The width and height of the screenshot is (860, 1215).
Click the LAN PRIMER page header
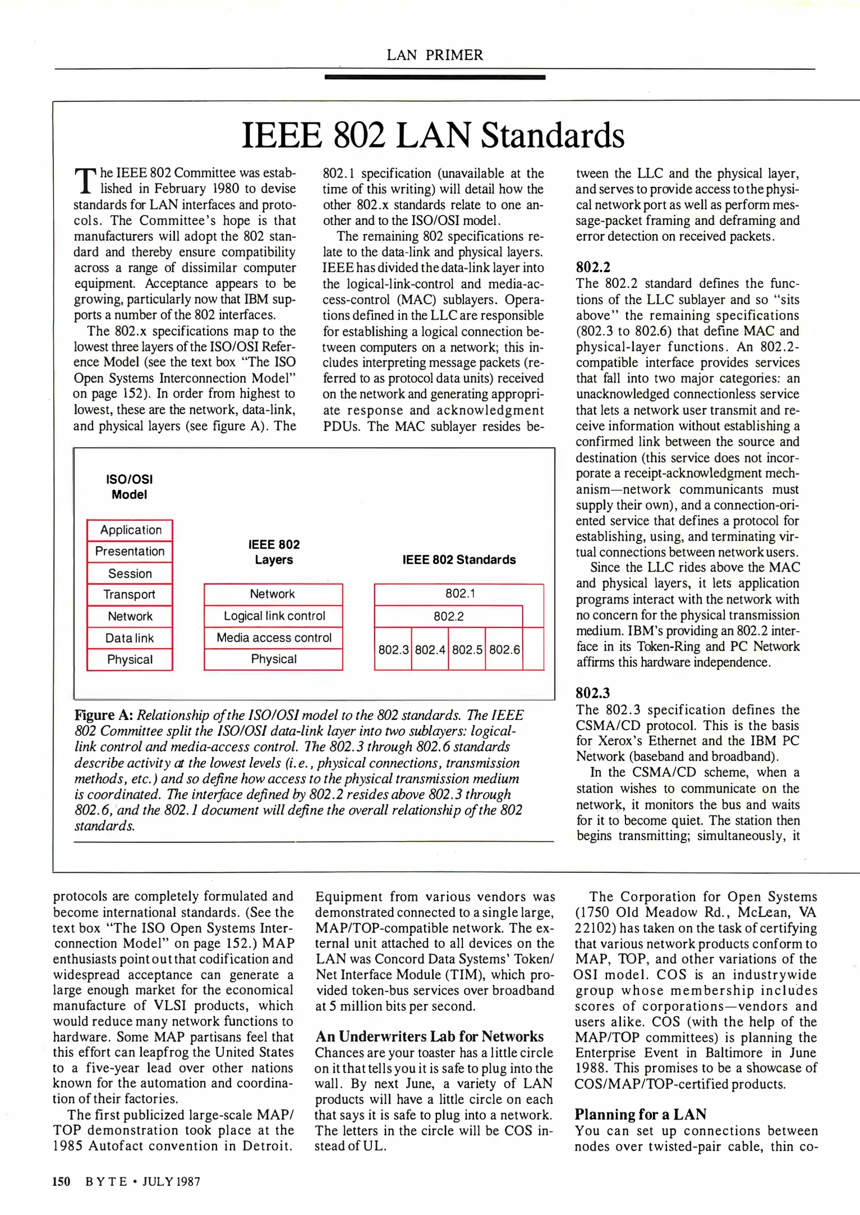point(434,55)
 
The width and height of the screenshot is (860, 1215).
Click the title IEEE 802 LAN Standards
point(433,136)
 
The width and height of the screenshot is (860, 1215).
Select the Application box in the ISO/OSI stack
point(130,530)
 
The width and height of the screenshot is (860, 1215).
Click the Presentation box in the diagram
point(130,551)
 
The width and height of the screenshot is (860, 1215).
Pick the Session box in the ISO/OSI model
point(130,573)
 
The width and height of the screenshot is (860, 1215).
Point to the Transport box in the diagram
point(130,595)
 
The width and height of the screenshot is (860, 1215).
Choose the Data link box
point(130,638)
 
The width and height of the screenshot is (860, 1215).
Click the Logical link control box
point(274,616)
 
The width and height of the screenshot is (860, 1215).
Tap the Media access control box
point(274,637)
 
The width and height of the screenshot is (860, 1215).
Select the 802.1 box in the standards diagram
point(460,594)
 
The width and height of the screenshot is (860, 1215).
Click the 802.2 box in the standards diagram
point(448,616)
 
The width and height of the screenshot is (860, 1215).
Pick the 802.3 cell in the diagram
point(393,650)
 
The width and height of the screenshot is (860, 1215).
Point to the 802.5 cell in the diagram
point(467,650)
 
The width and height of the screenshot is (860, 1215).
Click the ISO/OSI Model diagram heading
point(129,487)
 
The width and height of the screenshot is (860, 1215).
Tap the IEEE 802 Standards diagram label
point(459,560)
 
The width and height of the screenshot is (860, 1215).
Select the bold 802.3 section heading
point(593,693)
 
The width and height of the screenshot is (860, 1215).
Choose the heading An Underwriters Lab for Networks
point(429,1036)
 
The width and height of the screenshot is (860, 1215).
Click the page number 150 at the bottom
point(61,1181)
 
